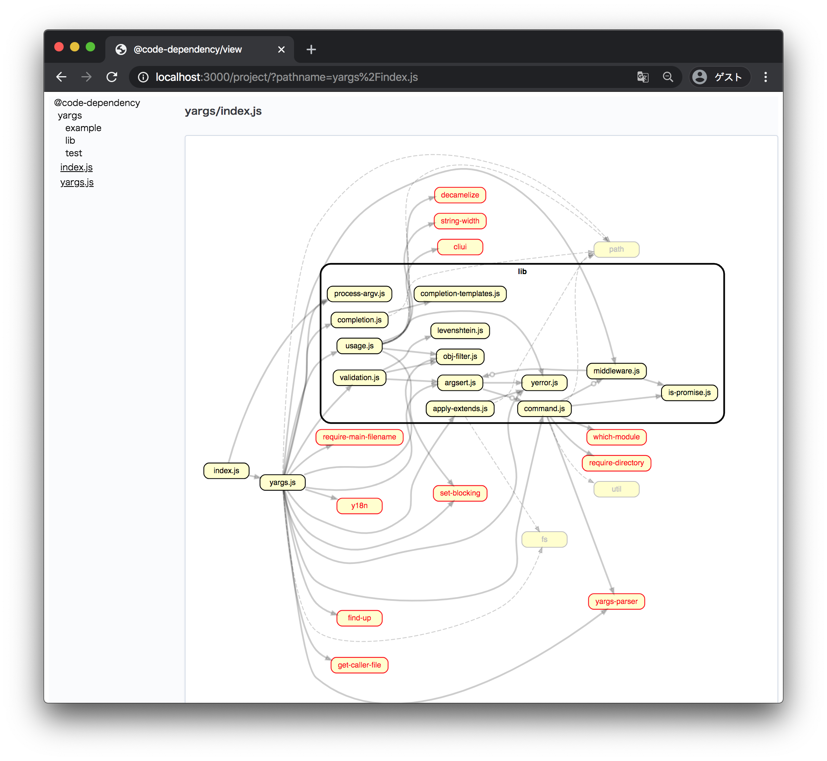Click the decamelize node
459,195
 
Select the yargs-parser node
616,601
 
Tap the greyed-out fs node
544,539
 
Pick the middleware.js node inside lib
616,371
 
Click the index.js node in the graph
226,470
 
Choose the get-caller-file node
359,665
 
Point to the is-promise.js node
689,392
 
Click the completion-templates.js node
459,294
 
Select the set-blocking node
459,493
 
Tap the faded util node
616,489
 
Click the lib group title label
522,271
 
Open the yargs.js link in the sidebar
77,182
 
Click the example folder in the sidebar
83,128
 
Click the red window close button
59,47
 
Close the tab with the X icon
281,49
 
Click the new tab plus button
311,49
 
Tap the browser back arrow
61,77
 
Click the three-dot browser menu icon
765,77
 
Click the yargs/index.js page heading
223,111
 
